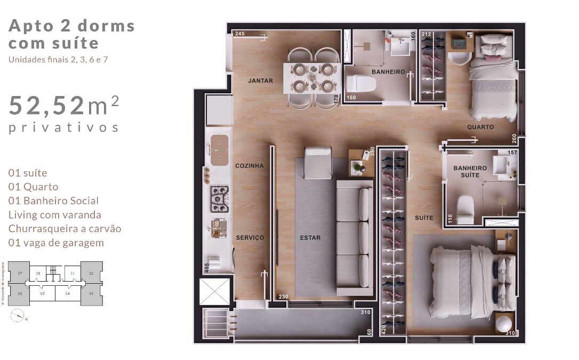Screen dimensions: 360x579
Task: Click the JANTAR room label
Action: [260, 81]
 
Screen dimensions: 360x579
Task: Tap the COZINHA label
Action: [250, 166]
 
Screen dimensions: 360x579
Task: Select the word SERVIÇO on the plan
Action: [250, 238]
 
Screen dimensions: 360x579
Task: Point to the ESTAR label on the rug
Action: [310, 238]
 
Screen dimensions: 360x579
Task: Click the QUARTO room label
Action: [480, 127]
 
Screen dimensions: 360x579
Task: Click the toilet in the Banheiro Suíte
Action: [465, 210]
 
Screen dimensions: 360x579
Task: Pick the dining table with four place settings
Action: [312, 78]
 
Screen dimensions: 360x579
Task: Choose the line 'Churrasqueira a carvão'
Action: [65, 229]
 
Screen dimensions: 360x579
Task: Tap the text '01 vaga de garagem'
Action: [56, 243]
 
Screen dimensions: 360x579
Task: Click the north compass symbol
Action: [18, 315]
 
